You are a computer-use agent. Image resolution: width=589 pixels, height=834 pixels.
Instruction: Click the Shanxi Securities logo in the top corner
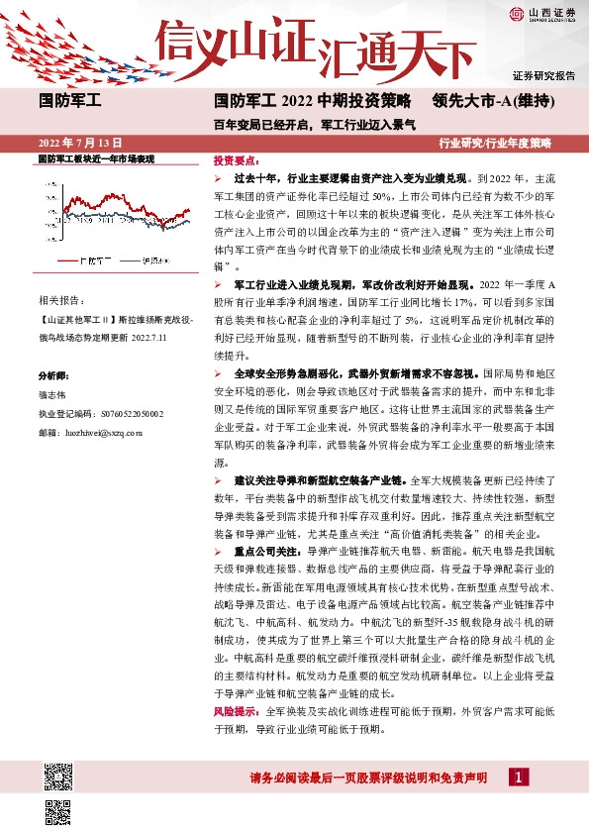coord(541,14)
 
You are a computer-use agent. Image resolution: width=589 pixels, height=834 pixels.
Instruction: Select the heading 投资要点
coord(236,159)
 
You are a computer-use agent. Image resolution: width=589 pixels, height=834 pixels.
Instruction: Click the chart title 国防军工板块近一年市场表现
coord(95,158)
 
